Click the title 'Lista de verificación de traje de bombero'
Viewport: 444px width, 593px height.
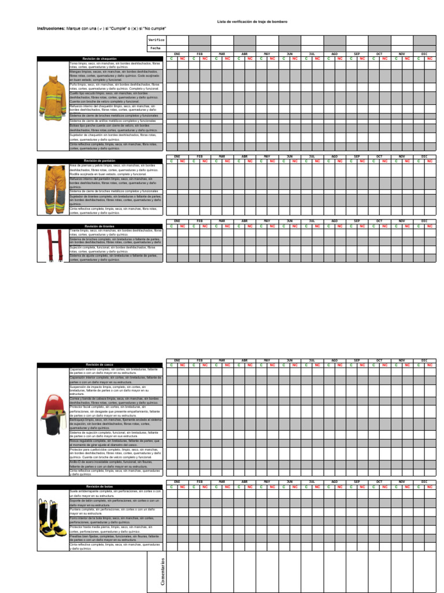251,21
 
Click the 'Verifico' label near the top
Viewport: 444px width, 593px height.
156,39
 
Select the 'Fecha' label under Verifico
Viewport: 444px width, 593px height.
155,48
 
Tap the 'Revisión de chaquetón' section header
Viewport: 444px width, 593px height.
99,58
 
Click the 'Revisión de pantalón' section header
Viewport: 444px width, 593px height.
99,160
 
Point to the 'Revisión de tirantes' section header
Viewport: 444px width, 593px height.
99,226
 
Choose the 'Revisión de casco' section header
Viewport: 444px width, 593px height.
99,364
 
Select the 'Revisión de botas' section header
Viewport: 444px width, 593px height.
99,486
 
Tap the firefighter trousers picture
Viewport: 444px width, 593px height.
53,188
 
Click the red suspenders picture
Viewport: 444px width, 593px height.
55,244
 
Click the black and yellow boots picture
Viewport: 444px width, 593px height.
53,518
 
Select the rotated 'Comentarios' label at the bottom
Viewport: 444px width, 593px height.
163,571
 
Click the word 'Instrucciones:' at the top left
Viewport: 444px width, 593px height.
51,28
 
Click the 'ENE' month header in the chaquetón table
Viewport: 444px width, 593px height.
177,53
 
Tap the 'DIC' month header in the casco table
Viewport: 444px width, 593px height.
424,360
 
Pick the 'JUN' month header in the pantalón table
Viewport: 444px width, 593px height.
289,156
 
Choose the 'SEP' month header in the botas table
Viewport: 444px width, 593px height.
357,482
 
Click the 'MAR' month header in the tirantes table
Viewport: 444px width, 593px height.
221,221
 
